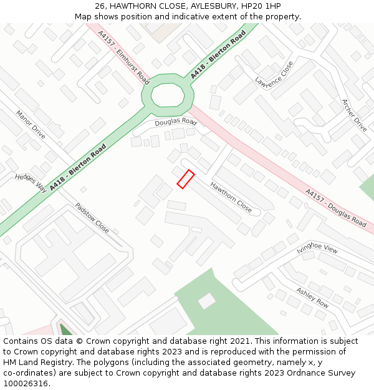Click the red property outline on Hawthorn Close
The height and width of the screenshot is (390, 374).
tap(186, 178)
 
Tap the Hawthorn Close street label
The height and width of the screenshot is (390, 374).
tap(231, 197)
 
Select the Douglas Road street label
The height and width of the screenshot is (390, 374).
tap(176, 122)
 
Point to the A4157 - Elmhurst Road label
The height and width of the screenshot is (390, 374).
tap(124, 57)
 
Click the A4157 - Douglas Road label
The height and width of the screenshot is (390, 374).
tap(335, 208)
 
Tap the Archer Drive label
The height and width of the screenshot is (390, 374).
tap(354, 115)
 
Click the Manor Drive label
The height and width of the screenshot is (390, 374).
tap(31, 125)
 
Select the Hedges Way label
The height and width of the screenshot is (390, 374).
tap(31, 183)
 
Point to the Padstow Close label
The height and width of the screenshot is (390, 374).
tap(92, 218)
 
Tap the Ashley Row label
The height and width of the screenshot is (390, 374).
tap(312, 298)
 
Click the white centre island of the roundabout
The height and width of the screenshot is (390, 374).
tap(168, 95)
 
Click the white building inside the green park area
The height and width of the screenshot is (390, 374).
tap(206, 301)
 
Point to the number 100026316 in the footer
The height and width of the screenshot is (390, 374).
tap(26, 383)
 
